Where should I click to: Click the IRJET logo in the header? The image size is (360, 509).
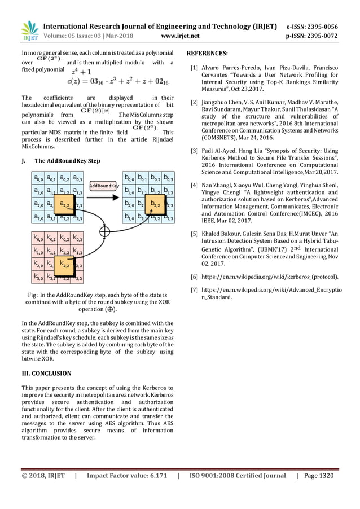(x=29, y=31)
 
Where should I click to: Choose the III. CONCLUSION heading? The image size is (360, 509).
(x=46, y=374)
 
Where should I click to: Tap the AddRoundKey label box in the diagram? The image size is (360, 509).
(x=104, y=185)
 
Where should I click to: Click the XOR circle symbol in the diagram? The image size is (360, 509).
(x=104, y=230)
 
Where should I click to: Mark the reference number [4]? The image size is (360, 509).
(x=194, y=185)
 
